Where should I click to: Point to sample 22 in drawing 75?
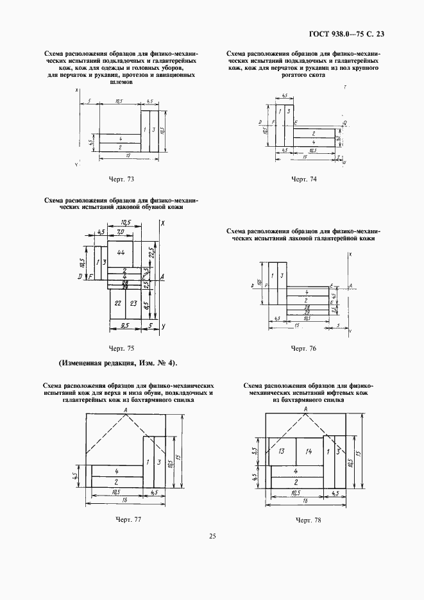coord(117,303)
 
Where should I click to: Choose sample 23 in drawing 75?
coord(133,303)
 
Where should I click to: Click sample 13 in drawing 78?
coord(282,452)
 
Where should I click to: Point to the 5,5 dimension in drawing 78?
coord(255,451)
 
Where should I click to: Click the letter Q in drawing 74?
coord(344,121)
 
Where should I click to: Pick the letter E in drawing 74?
coord(296,122)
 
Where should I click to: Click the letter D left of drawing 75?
coord(79,276)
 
